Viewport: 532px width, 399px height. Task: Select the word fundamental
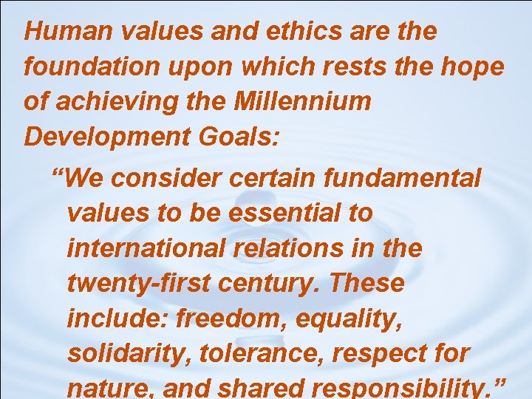click(404, 178)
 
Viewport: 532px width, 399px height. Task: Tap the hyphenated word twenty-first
click(134, 282)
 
